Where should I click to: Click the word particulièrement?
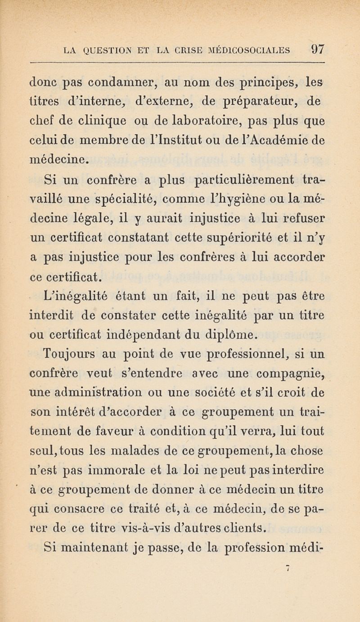coord(236,176)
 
